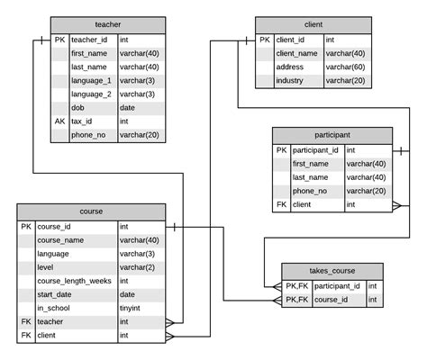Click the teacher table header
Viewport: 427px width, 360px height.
tap(107, 25)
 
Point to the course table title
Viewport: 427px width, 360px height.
tap(91, 211)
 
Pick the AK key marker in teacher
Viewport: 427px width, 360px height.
tap(59, 121)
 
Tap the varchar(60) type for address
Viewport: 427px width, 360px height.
tap(344, 67)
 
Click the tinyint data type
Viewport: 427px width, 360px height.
tap(132, 308)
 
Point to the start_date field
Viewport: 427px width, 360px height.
tap(57, 294)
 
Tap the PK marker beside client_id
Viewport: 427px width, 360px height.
tap(264, 40)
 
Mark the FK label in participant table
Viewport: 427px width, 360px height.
tap(281, 204)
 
